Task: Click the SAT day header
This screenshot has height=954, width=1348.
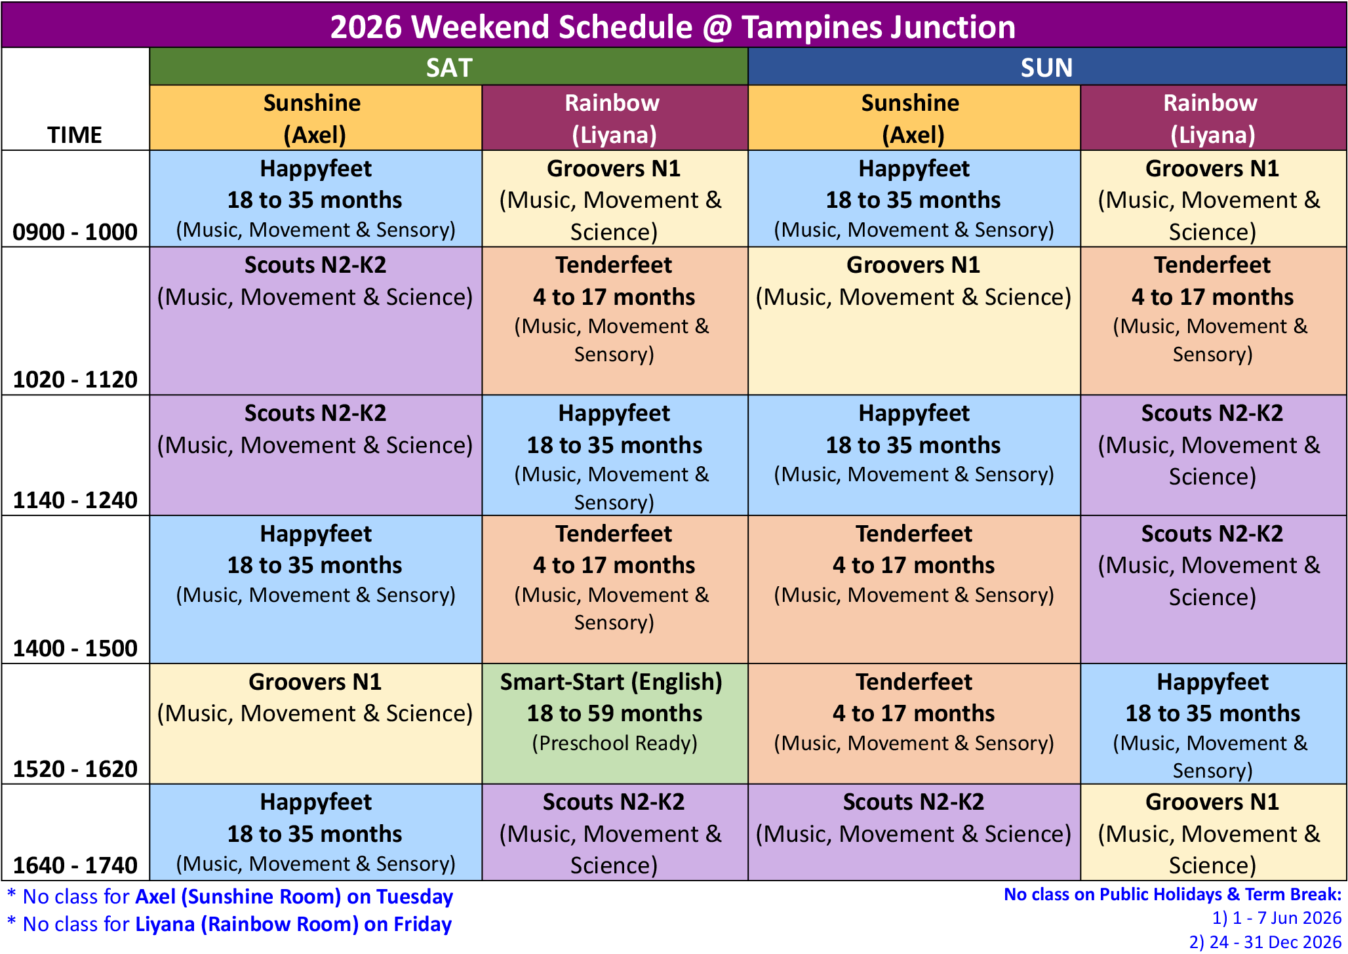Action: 448,67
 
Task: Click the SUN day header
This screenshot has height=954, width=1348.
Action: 1047,67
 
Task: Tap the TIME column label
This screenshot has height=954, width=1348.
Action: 75,135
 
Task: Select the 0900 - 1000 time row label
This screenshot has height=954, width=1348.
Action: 75,232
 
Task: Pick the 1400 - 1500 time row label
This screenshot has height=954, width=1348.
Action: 75,648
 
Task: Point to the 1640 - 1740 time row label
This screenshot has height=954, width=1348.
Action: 75,865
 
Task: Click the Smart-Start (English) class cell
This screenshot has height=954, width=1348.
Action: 615,724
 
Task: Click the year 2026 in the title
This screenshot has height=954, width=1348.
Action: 366,27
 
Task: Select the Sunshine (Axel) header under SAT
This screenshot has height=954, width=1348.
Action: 315,118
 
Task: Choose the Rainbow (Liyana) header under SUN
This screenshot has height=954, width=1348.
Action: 1213,118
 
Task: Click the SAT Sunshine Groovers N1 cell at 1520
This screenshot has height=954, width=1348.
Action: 315,724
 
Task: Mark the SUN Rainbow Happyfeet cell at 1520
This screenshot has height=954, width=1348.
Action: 1213,724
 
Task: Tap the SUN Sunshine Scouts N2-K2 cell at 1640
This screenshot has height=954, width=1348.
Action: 914,832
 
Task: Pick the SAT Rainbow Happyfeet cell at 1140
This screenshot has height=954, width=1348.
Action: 615,455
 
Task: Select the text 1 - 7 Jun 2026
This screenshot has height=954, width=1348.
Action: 1286,918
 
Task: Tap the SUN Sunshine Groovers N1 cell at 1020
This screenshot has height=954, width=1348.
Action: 914,321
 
